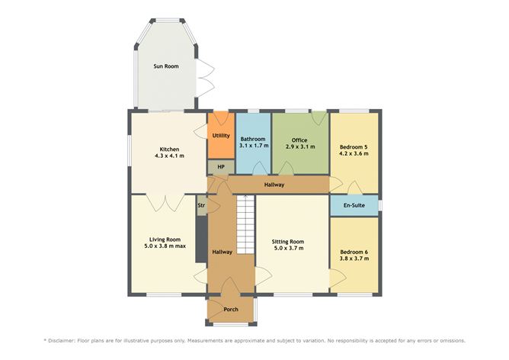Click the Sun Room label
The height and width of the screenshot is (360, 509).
(166, 66)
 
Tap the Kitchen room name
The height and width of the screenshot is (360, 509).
(169, 149)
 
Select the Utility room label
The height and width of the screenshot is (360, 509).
(221, 136)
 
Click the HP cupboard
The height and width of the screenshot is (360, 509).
(221, 167)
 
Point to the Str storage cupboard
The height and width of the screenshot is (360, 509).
(202, 205)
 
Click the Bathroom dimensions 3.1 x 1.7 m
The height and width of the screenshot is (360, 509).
(254, 146)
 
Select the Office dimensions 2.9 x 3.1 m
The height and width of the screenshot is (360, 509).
(300, 147)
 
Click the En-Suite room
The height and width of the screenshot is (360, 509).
(354, 205)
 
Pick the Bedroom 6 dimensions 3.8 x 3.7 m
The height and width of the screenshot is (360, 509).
(354, 259)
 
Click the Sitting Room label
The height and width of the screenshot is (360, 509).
(288, 242)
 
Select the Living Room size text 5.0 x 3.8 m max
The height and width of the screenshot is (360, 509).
(165, 246)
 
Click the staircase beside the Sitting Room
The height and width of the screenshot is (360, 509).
(245, 224)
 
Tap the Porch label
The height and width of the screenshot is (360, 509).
(231, 310)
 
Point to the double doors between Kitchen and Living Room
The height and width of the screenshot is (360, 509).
(165, 203)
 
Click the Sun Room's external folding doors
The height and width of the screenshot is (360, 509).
(205, 78)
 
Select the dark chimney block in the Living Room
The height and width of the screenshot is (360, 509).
(201, 239)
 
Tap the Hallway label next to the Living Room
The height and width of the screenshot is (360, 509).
(222, 252)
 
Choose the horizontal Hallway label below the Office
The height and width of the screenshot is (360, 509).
(274, 185)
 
